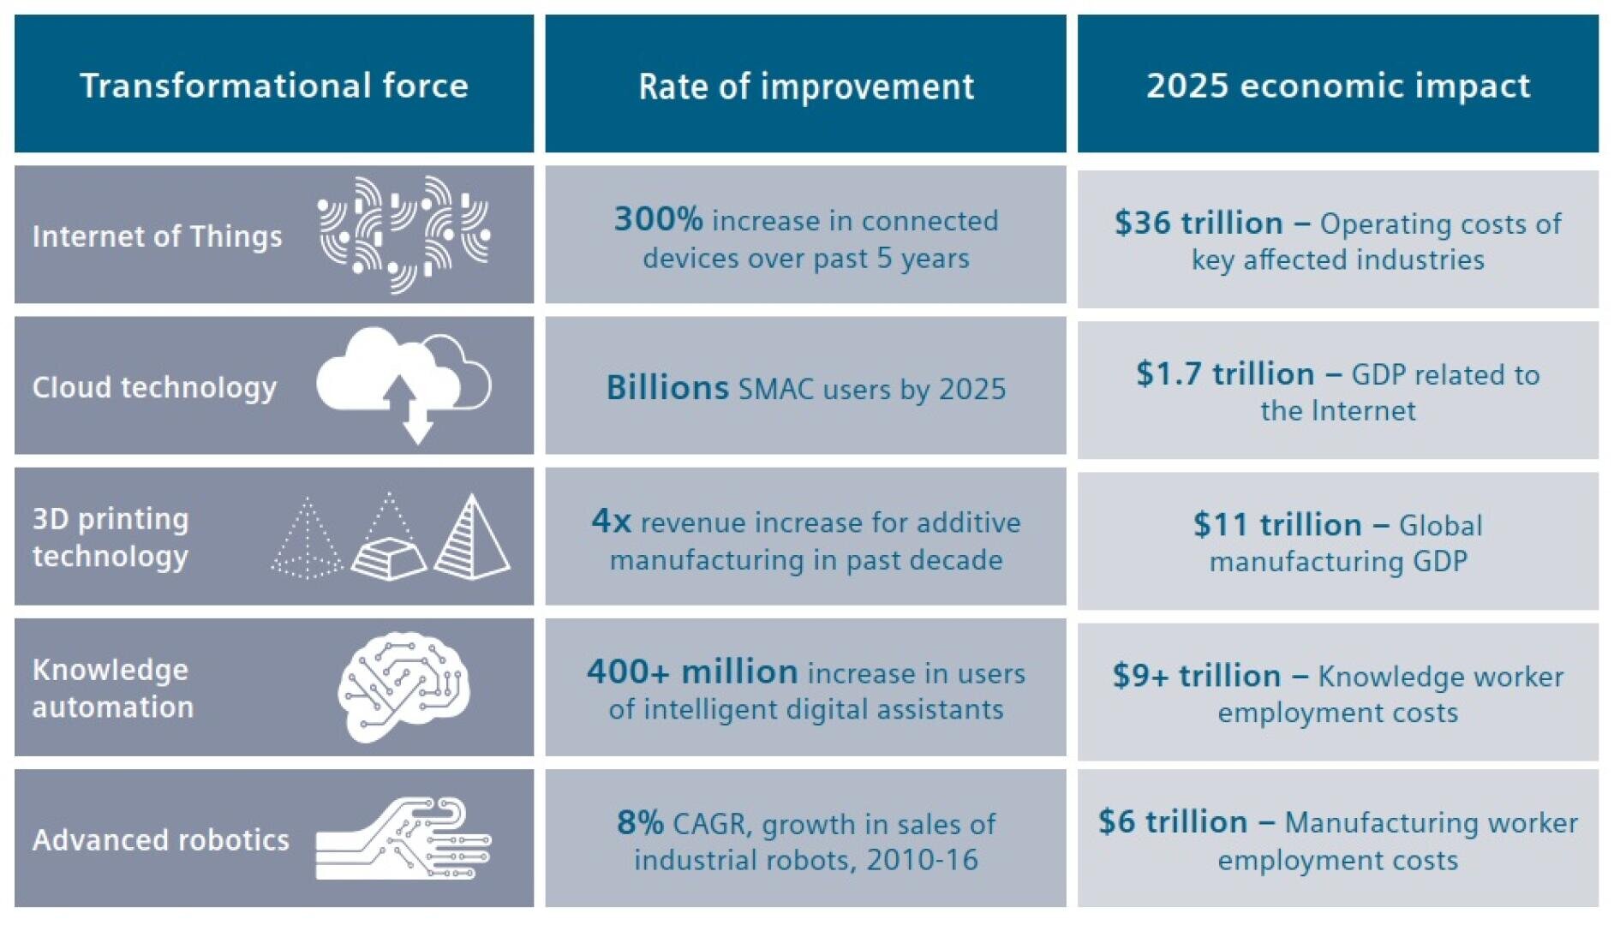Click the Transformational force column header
coord(274,85)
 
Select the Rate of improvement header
coord(806,87)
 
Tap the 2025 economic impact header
coord(1338,86)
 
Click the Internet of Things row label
coord(157,236)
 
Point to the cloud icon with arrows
coord(404,385)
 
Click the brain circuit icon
coord(404,686)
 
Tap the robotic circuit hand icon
coord(404,838)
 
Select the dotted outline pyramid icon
coord(307,538)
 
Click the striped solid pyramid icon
coord(472,536)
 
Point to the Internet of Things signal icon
coord(404,235)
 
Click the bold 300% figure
coord(658,219)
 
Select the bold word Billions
coord(667,388)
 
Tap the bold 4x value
coord(612,521)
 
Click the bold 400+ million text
coord(692,671)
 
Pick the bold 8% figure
coord(641,823)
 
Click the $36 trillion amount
coord(1199,223)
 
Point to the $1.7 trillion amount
coord(1225,373)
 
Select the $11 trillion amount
coord(1277,524)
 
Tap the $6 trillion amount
coord(1173,822)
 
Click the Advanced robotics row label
coord(161,840)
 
